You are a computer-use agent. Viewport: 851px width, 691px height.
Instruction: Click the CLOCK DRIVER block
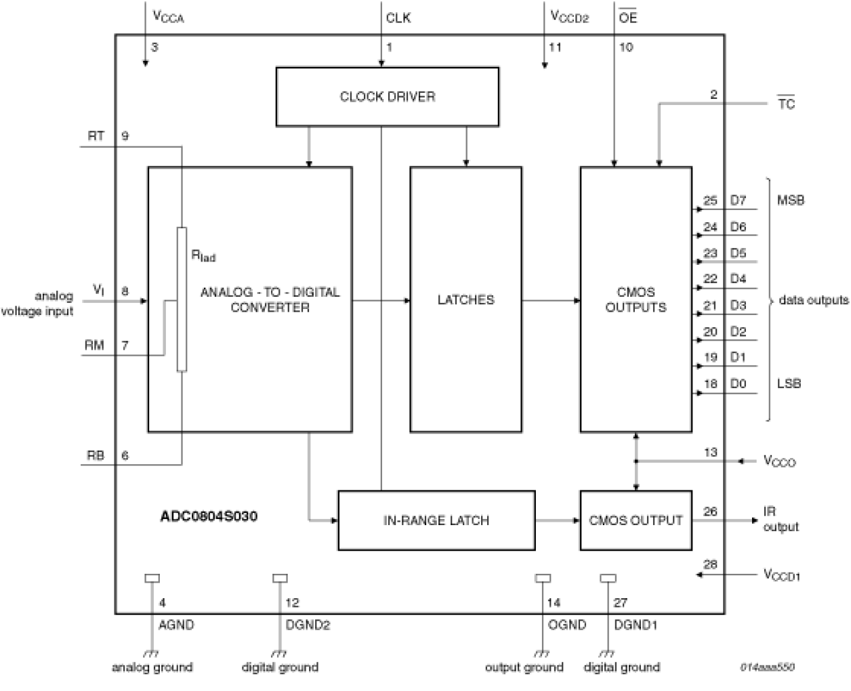click(387, 96)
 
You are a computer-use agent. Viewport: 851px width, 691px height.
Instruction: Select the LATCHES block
click(465, 299)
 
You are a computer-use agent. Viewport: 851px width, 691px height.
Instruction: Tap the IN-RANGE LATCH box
click(436, 520)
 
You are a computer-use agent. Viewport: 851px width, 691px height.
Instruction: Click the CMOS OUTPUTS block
click(636, 299)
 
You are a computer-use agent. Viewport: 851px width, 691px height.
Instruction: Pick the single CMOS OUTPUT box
click(636, 520)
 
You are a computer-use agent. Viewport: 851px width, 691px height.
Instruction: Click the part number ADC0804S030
click(209, 516)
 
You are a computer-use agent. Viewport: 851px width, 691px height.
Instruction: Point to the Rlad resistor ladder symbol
click(182, 299)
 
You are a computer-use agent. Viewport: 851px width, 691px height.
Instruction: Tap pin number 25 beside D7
click(709, 201)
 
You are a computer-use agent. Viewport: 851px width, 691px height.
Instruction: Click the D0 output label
click(738, 384)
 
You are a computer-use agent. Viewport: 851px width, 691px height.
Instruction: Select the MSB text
click(791, 201)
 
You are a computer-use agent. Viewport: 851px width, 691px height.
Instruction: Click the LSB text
click(789, 384)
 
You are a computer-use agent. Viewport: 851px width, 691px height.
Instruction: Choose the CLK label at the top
click(398, 18)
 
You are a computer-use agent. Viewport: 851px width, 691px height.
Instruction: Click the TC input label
click(786, 104)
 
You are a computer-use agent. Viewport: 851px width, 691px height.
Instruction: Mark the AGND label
click(176, 625)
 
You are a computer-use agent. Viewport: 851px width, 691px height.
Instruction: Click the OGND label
click(566, 625)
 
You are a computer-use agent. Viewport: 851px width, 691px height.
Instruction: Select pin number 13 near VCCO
click(710, 453)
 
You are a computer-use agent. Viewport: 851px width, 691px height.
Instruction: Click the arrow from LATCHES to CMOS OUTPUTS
click(551, 300)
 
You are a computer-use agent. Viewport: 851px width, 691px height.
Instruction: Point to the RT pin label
click(96, 136)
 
